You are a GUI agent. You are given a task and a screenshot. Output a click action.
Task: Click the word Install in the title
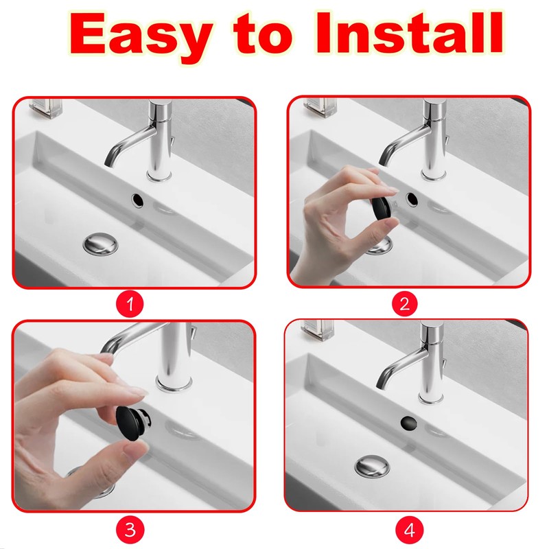click(410, 32)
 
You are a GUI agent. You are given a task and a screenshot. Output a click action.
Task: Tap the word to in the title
click(263, 35)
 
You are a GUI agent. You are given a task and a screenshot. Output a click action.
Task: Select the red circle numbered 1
click(130, 303)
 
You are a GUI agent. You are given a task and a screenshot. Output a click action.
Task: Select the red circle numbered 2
click(404, 303)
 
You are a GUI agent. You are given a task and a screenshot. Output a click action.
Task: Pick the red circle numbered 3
click(130, 530)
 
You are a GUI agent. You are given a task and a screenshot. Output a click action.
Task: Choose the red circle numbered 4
click(409, 530)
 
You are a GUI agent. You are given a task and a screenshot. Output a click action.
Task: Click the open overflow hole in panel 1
click(137, 200)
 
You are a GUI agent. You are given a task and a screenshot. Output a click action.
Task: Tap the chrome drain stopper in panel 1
click(100, 244)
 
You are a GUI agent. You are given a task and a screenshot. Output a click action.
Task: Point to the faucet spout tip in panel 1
click(108, 163)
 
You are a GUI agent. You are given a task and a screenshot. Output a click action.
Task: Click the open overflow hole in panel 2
click(412, 199)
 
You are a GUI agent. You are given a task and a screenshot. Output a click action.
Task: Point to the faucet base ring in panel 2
click(434, 174)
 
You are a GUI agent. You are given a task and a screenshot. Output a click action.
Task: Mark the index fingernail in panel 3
click(139, 392)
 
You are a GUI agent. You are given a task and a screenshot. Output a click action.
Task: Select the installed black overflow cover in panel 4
click(408, 423)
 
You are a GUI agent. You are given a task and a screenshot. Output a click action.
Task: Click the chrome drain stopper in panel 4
click(372, 466)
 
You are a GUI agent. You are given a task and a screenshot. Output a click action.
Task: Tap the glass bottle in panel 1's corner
click(45, 107)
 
